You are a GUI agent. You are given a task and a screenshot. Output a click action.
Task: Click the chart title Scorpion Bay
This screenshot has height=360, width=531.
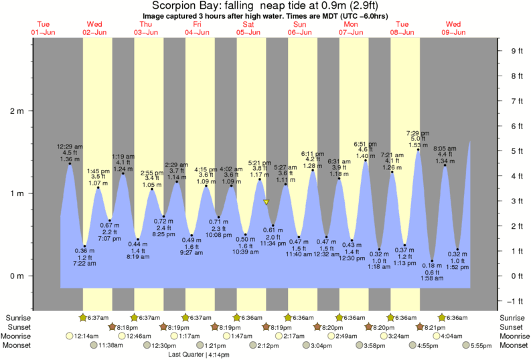point(265,6)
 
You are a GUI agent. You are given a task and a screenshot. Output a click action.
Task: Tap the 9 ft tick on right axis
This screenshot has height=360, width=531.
point(516,50)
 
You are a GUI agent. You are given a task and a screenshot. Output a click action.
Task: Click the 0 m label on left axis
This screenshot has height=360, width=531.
point(16,276)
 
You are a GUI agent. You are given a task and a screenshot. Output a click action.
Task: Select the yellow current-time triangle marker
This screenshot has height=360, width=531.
point(266,201)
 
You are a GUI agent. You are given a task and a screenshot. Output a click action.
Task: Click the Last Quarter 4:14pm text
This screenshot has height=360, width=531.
point(198,355)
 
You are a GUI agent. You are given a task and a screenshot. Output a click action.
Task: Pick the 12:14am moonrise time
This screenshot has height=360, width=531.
point(86,336)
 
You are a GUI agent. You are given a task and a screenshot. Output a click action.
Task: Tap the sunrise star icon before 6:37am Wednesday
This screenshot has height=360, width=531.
point(84,317)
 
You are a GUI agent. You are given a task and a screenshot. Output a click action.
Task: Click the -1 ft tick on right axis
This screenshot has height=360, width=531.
point(516,300)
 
